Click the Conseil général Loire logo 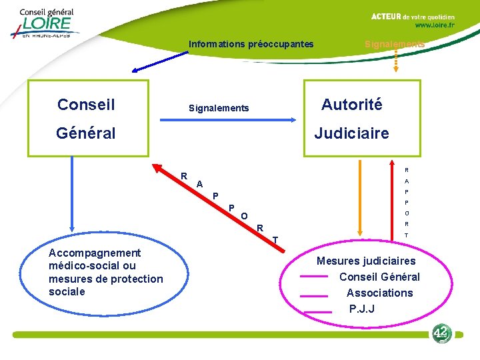point(45,23)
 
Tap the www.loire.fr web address point(435,25)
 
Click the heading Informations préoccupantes point(251,45)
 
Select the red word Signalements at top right point(394,44)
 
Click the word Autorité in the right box point(351,105)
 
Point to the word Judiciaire point(351,133)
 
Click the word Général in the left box point(86,133)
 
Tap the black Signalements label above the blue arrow point(219,108)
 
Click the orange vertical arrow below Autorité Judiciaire point(361,200)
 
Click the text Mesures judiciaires point(366,261)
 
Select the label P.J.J point(362,309)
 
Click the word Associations point(379,293)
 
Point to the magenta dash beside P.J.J point(317,311)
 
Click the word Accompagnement point(95,253)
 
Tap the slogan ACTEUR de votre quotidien point(413,16)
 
